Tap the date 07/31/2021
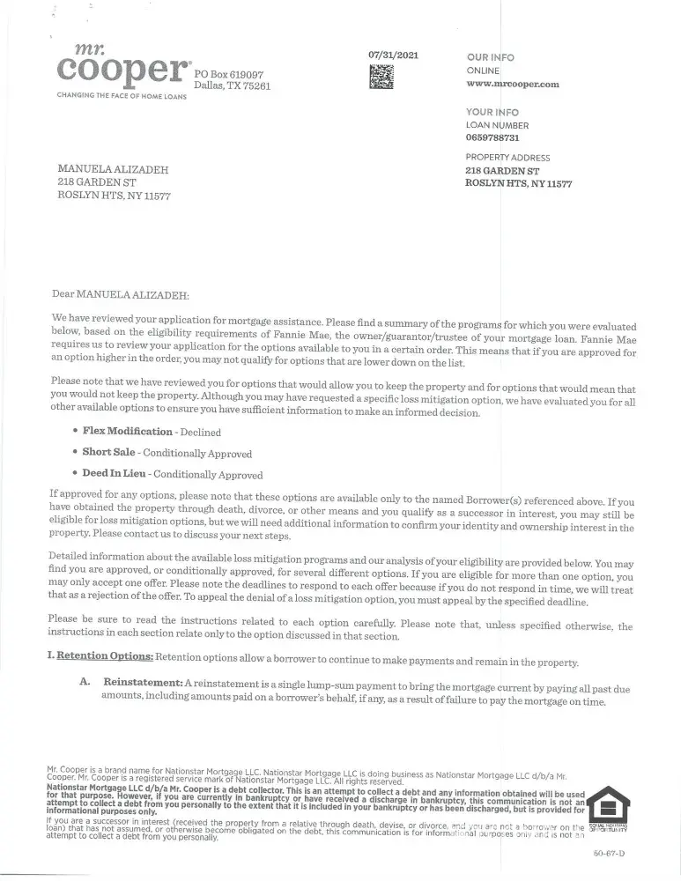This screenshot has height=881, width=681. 393,56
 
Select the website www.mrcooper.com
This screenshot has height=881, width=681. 513,84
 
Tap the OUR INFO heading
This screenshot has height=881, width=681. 491,57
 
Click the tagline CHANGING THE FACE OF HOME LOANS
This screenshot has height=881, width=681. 122,96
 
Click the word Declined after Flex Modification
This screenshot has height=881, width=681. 200,433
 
